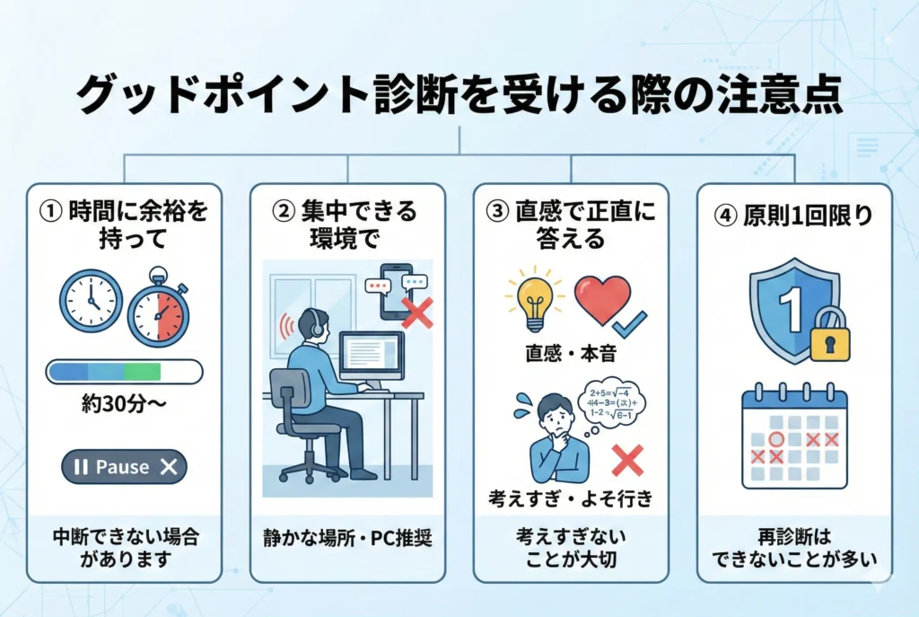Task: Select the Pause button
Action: pyautogui.click(x=124, y=467)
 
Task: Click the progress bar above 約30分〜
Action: pyautogui.click(x=124, y=370)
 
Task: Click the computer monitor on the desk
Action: pyautogui.click(x=371, y=357)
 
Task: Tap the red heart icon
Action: pyautogui.click(x=602, y=300)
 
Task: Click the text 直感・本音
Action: pyautogui.click(x=571, y=353)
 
